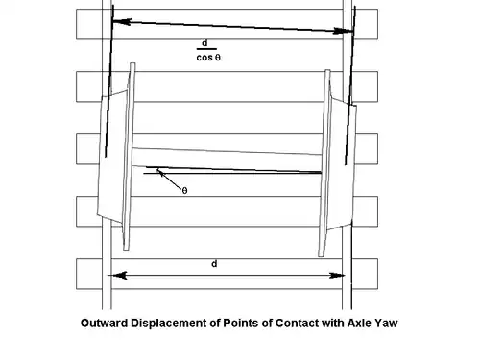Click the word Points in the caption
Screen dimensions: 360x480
tap(225, 324)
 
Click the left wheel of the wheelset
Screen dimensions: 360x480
tap(114, 158)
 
